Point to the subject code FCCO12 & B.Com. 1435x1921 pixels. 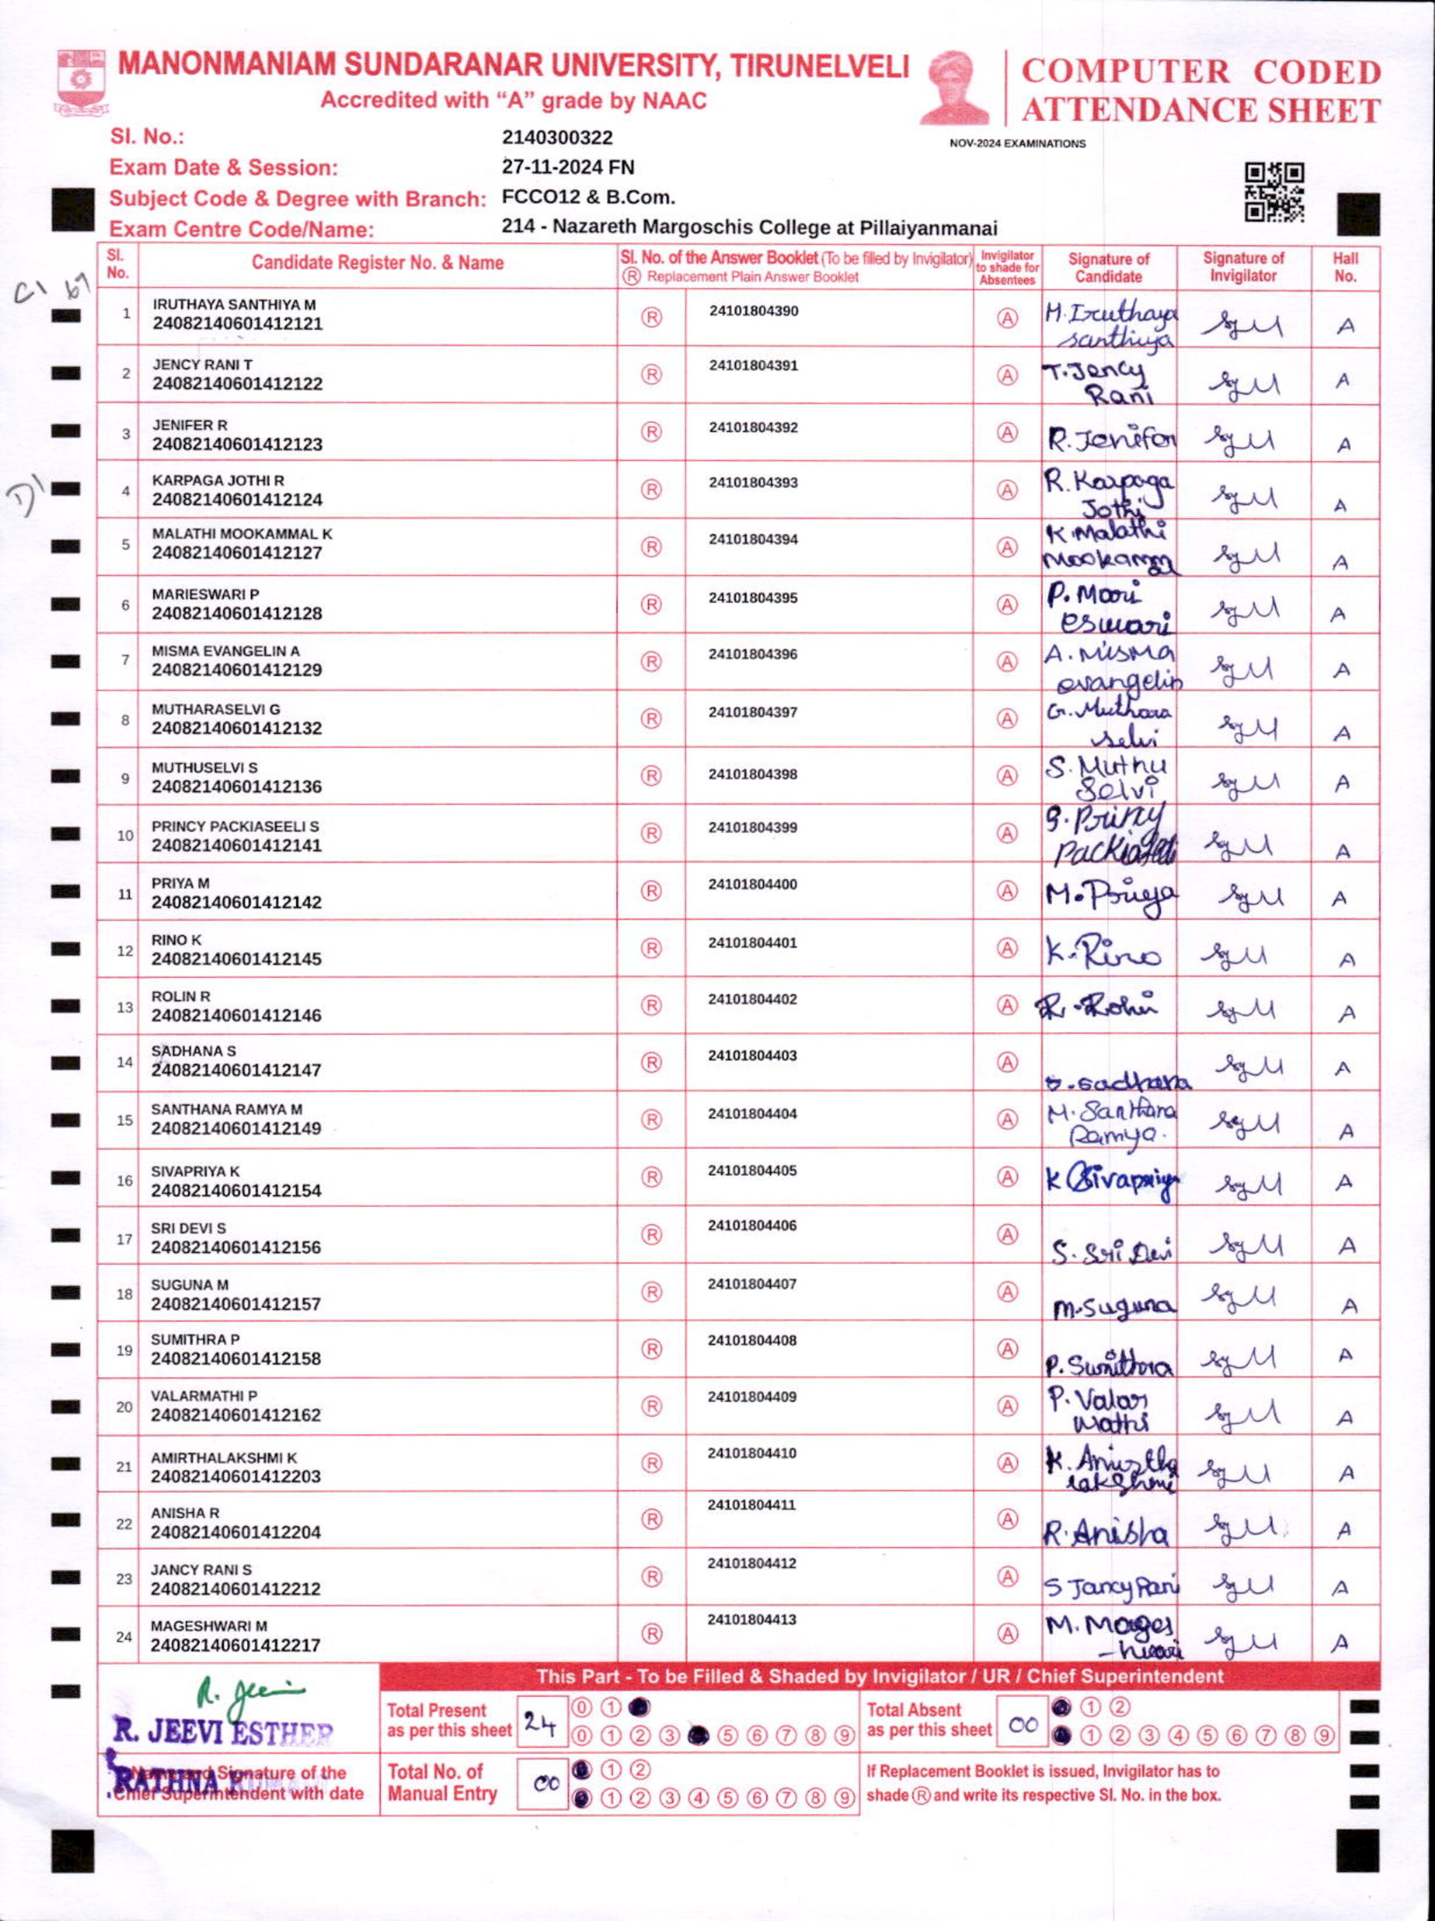coord(588,197)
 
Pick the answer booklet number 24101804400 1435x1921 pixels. coord(752,884)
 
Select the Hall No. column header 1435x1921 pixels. coord(1345,267)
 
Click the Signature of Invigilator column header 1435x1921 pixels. coord(1242,267)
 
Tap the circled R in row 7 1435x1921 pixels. coord(651,662)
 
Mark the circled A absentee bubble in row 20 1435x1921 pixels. coord(1006,1406)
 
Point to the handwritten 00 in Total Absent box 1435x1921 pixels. coord(1023,1725)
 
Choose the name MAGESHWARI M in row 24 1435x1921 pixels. coord(208,1626)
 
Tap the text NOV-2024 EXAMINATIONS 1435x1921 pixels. coord(1017,144)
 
